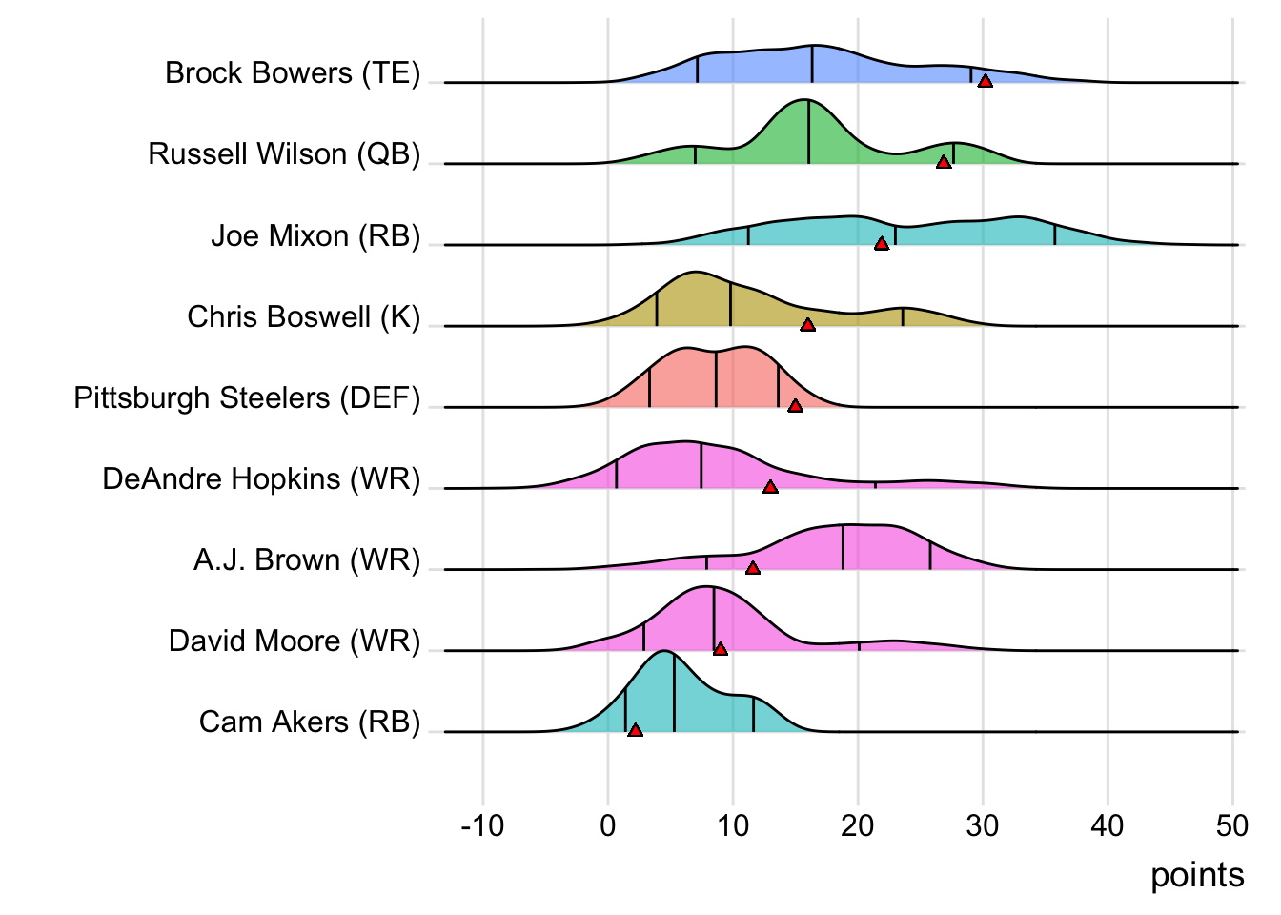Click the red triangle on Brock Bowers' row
point(986,81)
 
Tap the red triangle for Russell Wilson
point(944,162)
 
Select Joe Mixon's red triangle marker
point(882,244)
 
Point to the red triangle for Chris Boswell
point(807,325)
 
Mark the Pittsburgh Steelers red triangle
point(796,406)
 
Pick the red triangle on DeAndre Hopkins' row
point(770,487)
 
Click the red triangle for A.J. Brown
point(753,568)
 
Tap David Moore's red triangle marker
point(721,649)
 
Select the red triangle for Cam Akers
point(635,730)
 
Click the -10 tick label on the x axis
point(482,825)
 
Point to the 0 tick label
point(608,825)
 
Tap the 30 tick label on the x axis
point(983,825)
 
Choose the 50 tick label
point(1232,825)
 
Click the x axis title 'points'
point(1197,875)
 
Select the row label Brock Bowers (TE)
point(293,72)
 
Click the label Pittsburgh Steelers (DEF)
point(247,397)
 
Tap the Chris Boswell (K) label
point(303,316)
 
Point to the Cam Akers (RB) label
point(310,722)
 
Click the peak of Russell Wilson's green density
point(808,101)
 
